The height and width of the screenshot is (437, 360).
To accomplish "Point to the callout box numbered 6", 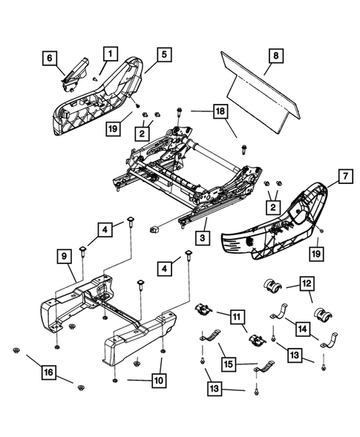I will [49, 56].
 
